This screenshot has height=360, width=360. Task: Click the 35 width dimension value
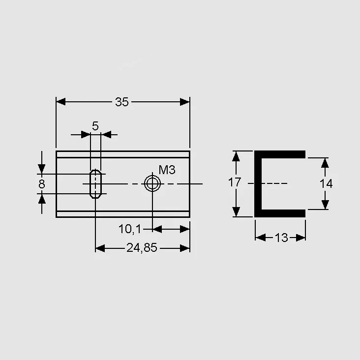click(x=121, y=102)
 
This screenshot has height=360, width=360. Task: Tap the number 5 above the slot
click(x=95, y=126)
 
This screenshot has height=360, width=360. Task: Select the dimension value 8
click(x=42, y=184)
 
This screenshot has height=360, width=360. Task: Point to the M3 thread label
click(x=167, y=170)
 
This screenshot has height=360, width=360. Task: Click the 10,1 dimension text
click(x=129, y=229)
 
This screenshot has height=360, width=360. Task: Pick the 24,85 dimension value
click(x=142, y=248)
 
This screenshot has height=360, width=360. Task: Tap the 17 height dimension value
click(x=235, y=182)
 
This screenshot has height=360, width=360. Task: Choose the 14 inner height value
click(x=326, y=183)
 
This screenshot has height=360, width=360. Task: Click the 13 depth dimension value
click(x=281, y=238)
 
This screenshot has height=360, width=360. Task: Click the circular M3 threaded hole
click(x=152, y=183)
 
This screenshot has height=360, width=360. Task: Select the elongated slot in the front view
click(x=95, y=184)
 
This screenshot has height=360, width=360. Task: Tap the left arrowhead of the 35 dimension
click(x=61, y=102)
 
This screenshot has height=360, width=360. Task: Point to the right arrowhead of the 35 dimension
click(x=185, y=102)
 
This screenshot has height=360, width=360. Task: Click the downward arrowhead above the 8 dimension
click(x=41, y=169)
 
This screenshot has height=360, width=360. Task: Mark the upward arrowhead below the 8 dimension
click(x=41, y=199)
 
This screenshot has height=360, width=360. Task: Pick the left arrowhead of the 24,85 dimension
click(x=100, y=248)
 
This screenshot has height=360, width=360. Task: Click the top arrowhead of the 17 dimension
click(x=236, y=156)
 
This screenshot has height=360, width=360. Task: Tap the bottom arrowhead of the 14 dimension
click(x=325, y=205)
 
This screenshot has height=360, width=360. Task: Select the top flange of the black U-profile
click(x=280, y=154)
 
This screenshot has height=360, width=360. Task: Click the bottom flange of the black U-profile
click(x=280, y=213)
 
